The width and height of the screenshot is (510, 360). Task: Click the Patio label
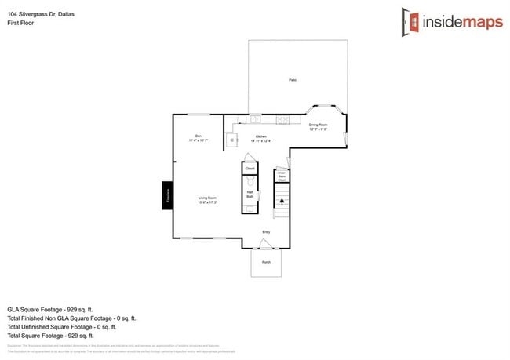coord(292,80)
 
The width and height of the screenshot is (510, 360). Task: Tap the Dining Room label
coord(317,126)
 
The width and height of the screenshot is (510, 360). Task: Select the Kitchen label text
coord(260,138)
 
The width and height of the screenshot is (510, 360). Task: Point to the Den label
coord(197,137)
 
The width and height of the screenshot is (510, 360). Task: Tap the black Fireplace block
coord(167,195)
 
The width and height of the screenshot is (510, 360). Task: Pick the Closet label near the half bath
coord(250,169)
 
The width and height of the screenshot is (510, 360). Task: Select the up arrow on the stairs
coord(281,202)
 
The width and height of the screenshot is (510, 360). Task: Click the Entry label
coord(266,231)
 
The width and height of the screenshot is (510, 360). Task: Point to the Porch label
coord(266,264)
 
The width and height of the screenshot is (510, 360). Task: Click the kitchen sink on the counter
coord(257,119)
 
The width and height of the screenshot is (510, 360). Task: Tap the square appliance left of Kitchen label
coord(232,140)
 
